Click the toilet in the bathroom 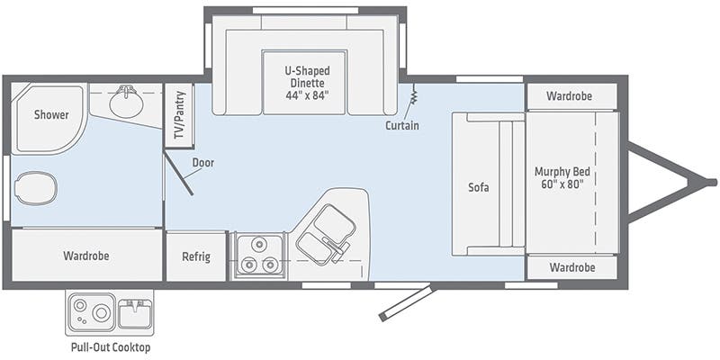[x=36, y=188]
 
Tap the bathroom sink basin [x=126, y=102]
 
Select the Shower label [x=51, y=115]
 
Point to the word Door [x=203, y=163]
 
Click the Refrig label [x=196, y=256]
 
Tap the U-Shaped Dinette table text [x=307, y=83]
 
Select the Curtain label [x=402, y=125]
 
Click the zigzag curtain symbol [x=413, y=94]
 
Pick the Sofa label [x=479, y=187]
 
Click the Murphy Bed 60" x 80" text [x=562, y=178]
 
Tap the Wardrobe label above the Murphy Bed [x=569, y=96]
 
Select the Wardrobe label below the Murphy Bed [x=572, y=267]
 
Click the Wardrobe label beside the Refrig [x=86, y=256]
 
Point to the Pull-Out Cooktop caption [x=111, y=347]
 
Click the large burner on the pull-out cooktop [x=101, y=313]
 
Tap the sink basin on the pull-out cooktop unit [x=134, y=313]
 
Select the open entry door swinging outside [x=406, y=302]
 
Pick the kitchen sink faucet [x=336, y=246]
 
